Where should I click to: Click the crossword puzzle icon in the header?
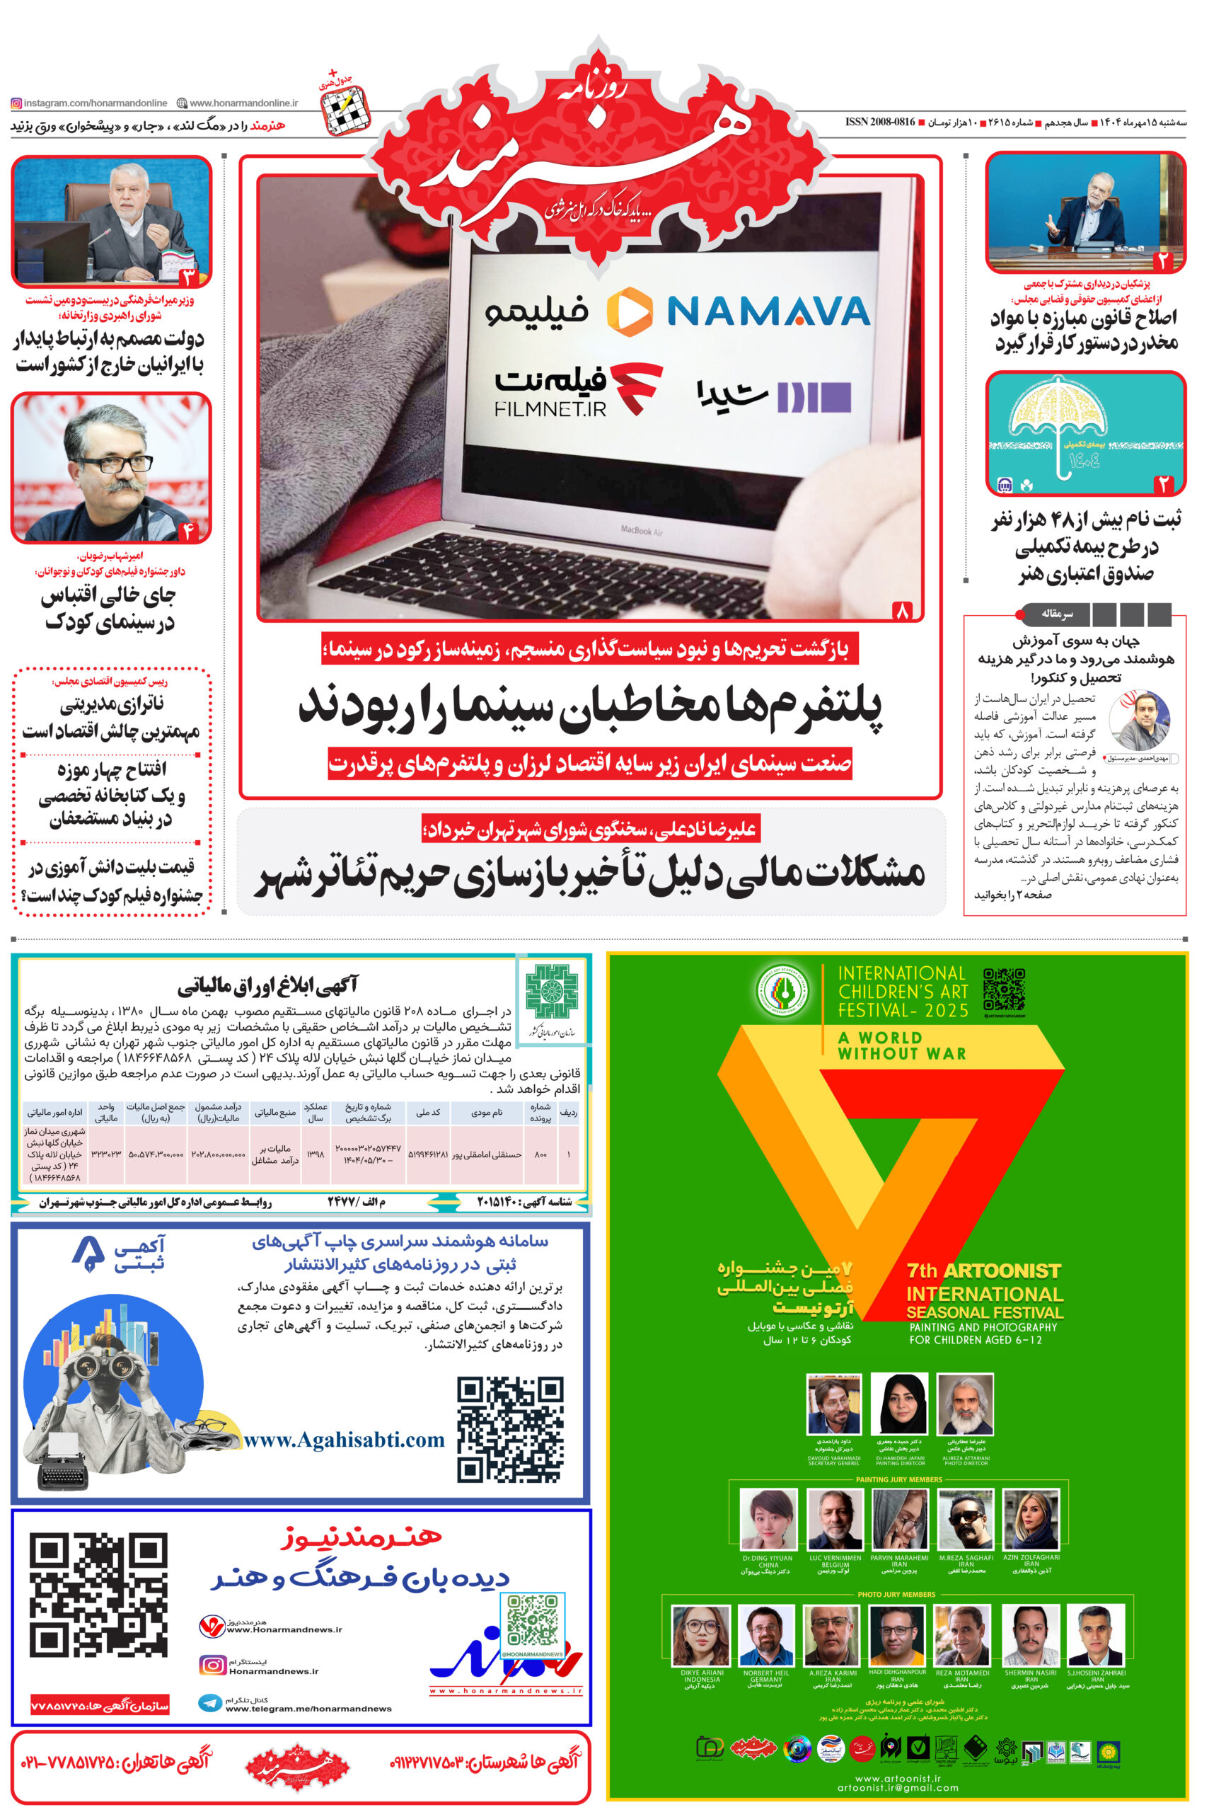pyautogui.click(x=345, y=109)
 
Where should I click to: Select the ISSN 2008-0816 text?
pyautogui.click(x=880, y=122)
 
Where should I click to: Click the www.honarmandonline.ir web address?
pyautogui.click(x=243, y=103)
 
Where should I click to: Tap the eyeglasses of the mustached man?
pyautogui.click(x=112, y=464)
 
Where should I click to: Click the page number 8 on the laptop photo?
pyautogui.click(x=901, y=611)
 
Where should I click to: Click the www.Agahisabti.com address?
pyautogui.click(x=344, y=1440)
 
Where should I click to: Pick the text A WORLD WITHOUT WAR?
pyautogui.click(x=901, y=1045)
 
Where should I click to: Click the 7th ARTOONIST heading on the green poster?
pyautogui.click(x=984, y=1271)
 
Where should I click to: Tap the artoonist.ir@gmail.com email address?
pyautogui.click(x=898, y=1787)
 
